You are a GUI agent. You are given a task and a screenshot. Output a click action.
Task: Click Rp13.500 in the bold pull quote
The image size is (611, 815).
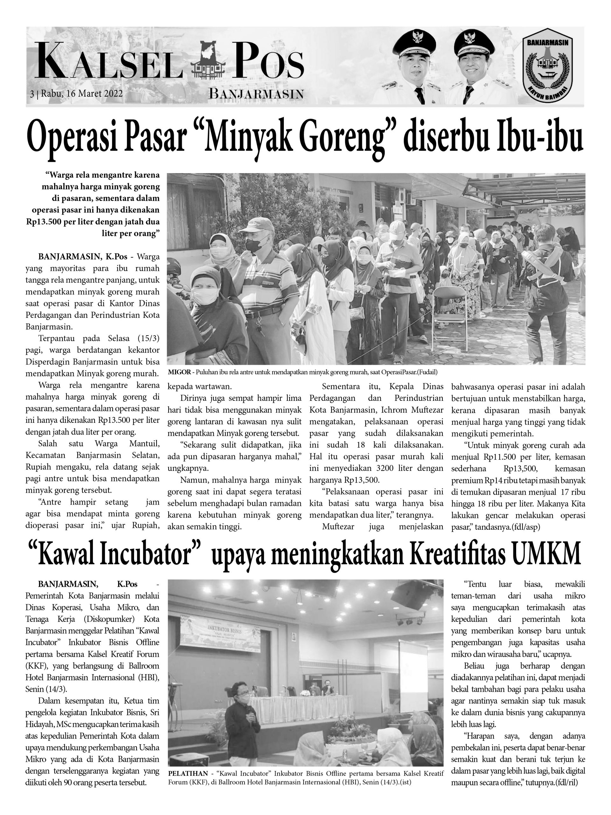(43, 222)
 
